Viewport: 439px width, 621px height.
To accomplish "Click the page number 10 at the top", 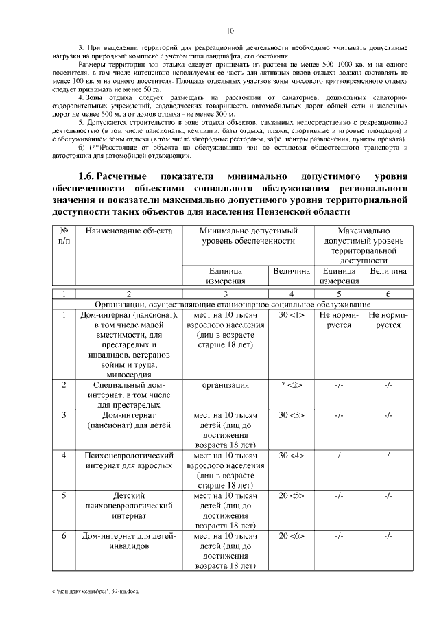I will coord(230,31).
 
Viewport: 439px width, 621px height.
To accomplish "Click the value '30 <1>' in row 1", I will coord(291,315).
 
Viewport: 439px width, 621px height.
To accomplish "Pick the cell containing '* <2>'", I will coord(291,385).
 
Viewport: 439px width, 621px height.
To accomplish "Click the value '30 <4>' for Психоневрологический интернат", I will coord(291,455).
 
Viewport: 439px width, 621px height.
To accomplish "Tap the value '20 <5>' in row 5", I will coord(291,495).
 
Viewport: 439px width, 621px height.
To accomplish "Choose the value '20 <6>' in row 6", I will coord(291,535).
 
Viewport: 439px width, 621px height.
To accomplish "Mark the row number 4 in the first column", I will coord(64,455).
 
